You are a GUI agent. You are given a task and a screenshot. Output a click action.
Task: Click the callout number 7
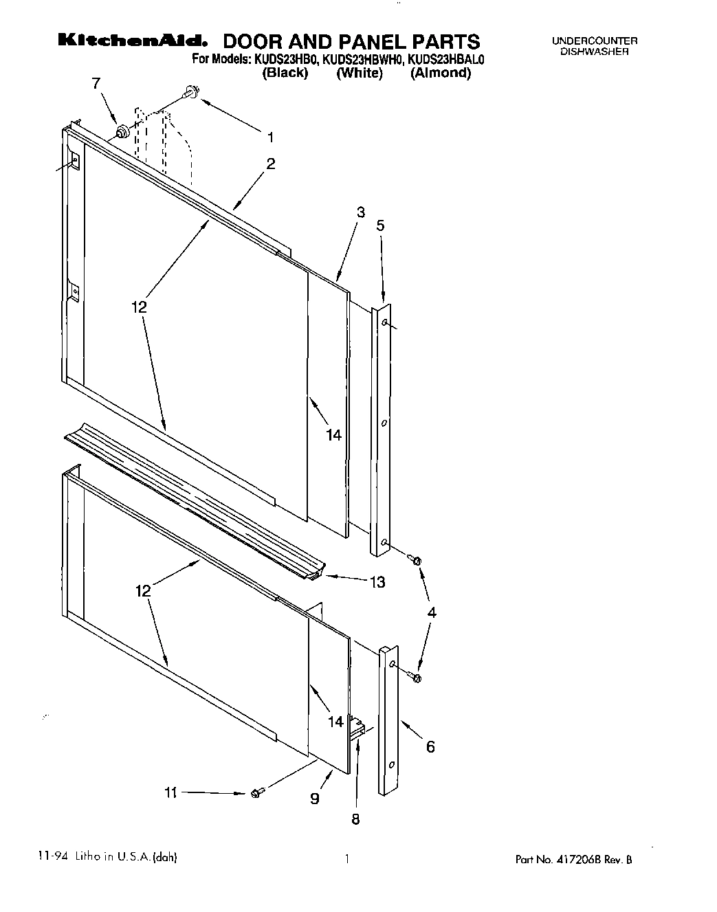(96, 83)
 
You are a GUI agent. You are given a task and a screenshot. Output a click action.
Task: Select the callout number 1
(270, 137)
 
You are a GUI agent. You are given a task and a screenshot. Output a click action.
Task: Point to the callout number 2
(271, 164)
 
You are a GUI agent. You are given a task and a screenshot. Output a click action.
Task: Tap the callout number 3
(360, 212)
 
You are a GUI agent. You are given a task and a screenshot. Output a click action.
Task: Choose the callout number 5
(380, 225)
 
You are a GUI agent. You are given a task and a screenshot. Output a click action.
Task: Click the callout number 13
(377, 582)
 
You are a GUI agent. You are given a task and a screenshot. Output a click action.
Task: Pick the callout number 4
(431, 612)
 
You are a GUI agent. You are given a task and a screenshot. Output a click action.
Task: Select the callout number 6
(430, 746)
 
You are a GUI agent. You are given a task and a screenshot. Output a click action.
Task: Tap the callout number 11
(170, 792)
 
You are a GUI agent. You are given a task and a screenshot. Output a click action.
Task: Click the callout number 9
(314, 798)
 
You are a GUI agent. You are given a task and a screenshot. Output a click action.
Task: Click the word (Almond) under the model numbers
(441, 73)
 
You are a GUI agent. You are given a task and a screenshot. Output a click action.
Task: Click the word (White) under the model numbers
(359, 73)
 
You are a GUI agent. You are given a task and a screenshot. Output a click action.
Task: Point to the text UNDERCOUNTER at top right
(595, 41)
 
